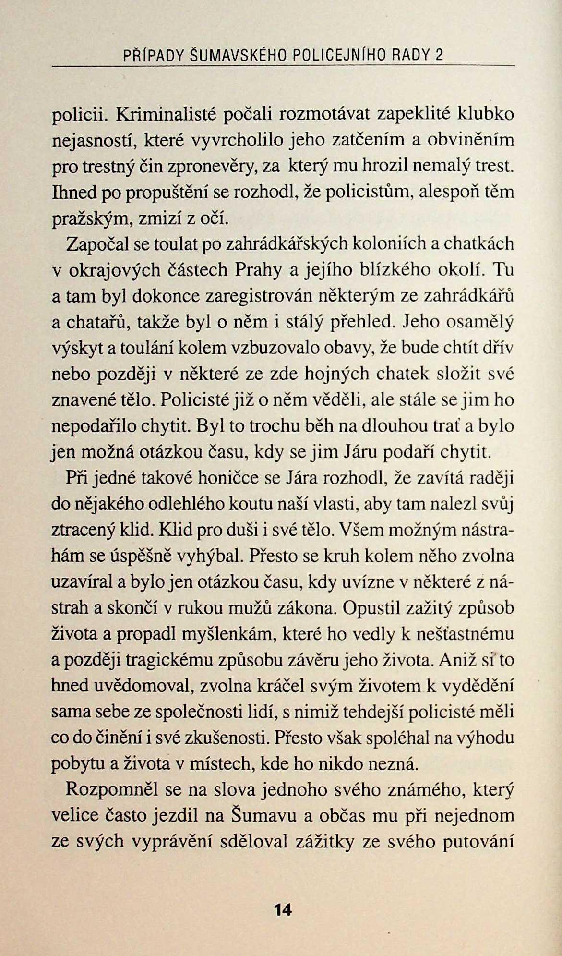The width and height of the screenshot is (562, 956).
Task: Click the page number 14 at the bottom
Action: coord(282,909)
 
